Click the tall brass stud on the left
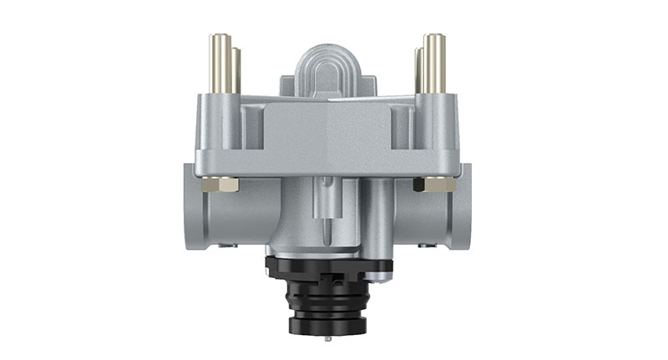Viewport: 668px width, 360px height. (221, 63)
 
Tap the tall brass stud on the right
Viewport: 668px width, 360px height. (433, 63)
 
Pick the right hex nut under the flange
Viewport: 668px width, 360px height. (437, 184)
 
